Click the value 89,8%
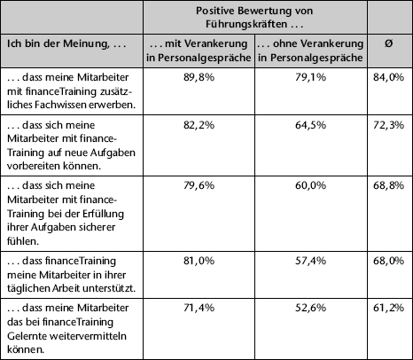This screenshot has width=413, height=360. pos(199,77)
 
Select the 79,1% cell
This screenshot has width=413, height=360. pos(311,77)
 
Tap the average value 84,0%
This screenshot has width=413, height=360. pos(388,77)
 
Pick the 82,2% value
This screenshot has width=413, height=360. pos(199,125)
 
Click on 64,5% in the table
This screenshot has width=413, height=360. pos(311,125)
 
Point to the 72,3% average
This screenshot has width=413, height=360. pos(388,125)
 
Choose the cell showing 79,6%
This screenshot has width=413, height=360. pos(199,185)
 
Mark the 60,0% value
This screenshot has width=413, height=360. pos(311,185)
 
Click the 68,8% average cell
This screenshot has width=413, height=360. pos(388,185)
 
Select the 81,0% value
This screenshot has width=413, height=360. pos(199,261)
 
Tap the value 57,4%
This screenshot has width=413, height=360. pos(311,261)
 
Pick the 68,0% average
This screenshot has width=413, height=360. pos(388,261)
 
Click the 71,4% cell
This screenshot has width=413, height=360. pos(199,308)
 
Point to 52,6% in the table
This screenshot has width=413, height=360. pos(311,308)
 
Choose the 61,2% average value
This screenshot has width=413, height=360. pos(388,308)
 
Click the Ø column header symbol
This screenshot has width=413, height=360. pos(389,43)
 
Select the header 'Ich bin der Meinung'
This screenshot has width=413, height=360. pos(57,44)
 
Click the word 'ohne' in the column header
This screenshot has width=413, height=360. pos(284,43)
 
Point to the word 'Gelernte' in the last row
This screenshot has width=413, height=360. pos(26,336)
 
